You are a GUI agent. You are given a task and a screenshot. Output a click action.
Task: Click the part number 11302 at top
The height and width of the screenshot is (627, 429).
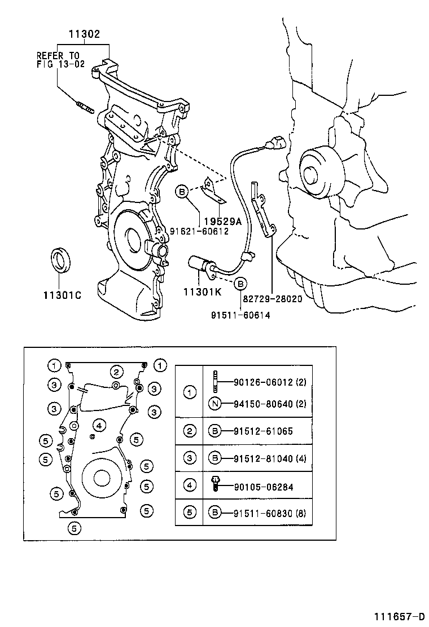(x=84, y=34)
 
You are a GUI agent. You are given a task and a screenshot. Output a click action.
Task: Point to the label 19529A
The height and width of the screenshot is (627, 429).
(x=223, y=222)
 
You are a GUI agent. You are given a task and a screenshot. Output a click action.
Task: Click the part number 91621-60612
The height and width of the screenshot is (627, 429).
(x=199, y=231)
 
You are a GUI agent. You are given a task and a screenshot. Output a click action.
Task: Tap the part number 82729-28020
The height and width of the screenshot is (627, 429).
(x=272, y=299)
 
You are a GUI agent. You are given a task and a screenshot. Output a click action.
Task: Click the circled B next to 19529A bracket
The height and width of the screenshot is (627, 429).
(x=182, y=192)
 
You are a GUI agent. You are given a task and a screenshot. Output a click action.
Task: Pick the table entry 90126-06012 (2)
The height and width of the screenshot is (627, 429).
(x=270, y=382)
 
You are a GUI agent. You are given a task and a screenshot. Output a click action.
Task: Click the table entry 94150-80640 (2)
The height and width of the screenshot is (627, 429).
(x=270, y=404)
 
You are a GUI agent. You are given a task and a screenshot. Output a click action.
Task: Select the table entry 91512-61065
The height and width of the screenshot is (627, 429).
(x=263, y=431)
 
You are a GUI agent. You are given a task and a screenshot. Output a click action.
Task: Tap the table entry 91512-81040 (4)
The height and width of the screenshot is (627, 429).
(x=270, y=458)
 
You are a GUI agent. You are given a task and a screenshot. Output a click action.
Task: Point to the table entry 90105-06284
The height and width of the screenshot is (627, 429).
(x=263, y=485)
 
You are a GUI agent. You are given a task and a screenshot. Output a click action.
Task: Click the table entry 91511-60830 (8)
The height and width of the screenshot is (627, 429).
(x=270, y=513)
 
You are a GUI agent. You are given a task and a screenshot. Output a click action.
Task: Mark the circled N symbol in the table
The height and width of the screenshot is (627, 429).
(x=214, y=404)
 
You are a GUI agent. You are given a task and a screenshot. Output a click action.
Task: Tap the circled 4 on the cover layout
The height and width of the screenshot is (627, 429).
(x=98, y=425)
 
